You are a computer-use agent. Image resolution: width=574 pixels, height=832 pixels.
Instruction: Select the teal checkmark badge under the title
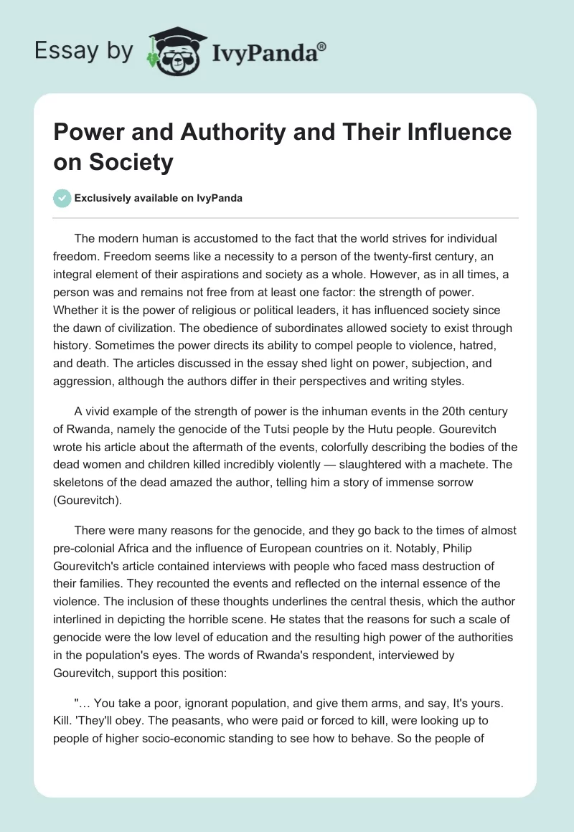click(x=62, y=198)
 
